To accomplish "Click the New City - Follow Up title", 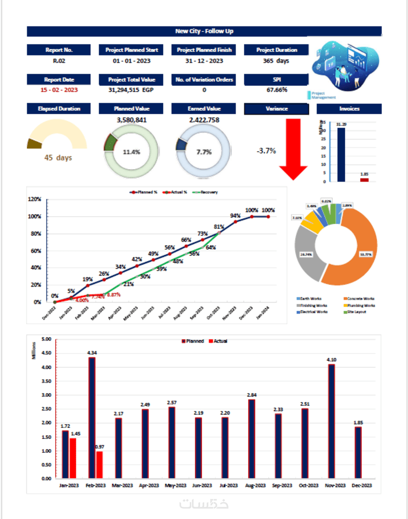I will pyautogui.click(x=204, y=31).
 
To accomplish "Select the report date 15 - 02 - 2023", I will pyautogui.click(x=59, y=90).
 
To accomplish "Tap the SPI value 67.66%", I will pyautogui.click(x=276, y=90).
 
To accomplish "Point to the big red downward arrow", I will pyautogui.click(x=293, y=148).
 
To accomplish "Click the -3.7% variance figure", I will pyautogui.click(x=266, y=151).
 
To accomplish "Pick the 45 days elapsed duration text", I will pyautogui.click(x=58, y=158).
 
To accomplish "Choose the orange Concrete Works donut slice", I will pyautogui.click(x=357, y=245).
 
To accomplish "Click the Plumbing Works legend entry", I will pyautogui.click(x=363, y=305).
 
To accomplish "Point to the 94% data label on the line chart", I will pyautogui.click(x=235, y=215).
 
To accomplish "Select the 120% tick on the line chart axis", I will pyautogui.click(x=34, y=199).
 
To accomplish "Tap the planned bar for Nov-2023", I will pyautogui.click(x=331, y=421).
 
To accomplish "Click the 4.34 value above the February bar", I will pyautogui.click(x=92, y=352).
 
